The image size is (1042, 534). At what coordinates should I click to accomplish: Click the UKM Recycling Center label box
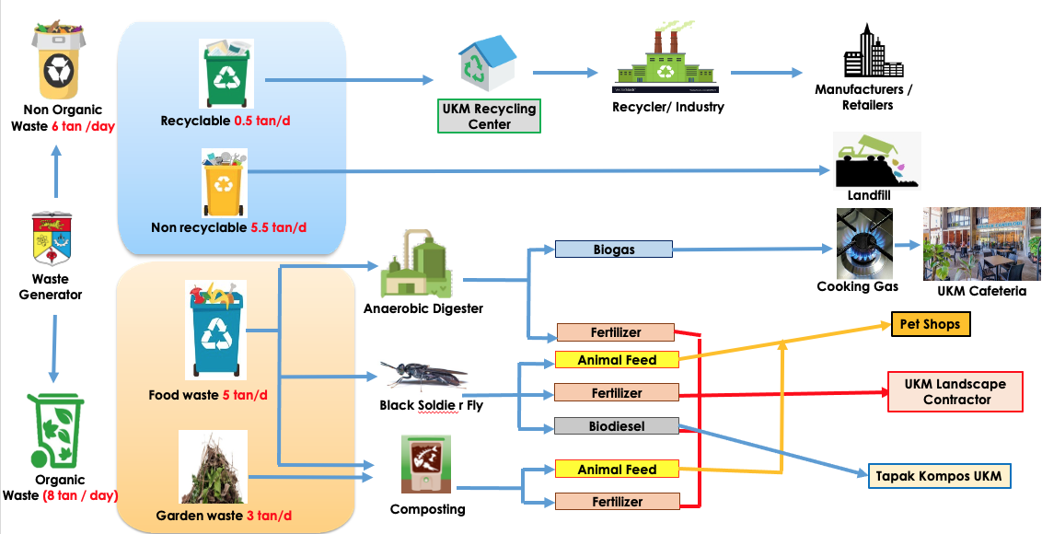tap(489, 116)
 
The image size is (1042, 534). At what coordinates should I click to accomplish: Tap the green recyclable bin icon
tap(226, 74)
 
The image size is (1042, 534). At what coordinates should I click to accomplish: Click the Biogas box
tap(614, 250)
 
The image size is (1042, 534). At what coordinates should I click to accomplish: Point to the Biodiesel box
tap(616, 426)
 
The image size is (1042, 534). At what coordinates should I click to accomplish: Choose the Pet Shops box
tap(930, 324)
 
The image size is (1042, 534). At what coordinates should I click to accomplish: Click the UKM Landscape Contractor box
tap(955, 392)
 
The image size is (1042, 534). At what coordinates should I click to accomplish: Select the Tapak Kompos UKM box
tap(939, 476)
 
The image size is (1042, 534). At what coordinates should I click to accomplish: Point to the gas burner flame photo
tap(864, 244)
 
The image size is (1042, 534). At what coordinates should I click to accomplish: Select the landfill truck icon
tap(874, 160)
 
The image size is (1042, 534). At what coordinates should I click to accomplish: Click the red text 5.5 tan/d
tap(278, 227)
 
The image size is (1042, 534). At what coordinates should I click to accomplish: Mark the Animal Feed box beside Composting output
tap(616, 470)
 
